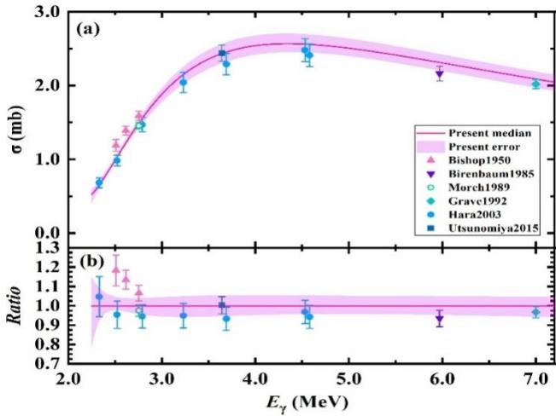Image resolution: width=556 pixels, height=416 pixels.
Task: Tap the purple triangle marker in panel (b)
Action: (x=440, y=321)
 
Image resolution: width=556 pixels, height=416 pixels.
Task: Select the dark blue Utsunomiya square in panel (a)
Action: (x=222, y=54)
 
